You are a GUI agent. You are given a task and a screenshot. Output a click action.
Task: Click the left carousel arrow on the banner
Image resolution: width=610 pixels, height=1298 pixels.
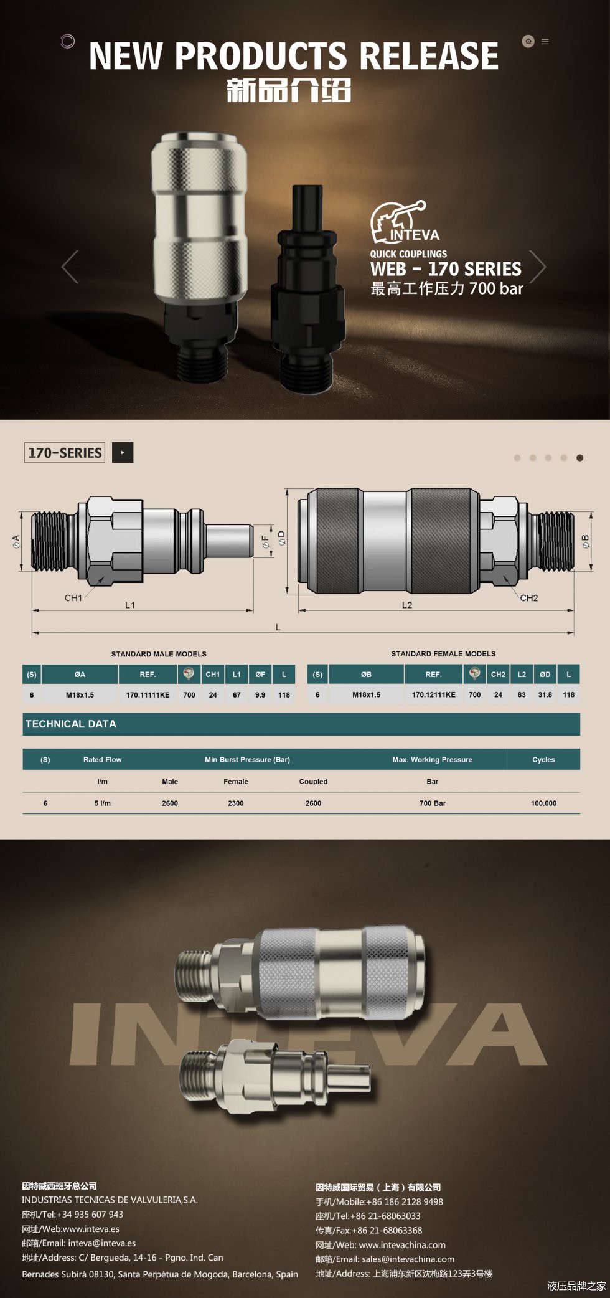(70, 267)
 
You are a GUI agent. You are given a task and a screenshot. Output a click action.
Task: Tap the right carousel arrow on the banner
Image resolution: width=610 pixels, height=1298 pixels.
(537, 267)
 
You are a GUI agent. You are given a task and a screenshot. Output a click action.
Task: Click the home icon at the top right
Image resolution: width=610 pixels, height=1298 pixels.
(528, 41)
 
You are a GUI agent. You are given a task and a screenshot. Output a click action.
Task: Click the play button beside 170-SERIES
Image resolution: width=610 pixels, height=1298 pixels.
(123, 453)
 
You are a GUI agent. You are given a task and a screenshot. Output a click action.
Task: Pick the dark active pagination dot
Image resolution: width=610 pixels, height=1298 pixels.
(579, 458)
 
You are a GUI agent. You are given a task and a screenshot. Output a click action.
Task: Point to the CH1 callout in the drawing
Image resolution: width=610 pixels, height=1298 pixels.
(73, 598)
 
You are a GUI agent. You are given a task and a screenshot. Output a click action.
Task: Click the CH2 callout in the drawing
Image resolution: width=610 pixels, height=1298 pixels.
(529, 598)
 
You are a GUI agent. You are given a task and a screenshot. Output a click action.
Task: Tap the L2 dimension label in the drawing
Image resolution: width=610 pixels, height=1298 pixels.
(407, 605)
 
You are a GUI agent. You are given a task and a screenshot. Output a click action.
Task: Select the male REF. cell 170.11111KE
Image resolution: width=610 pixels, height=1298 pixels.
(148, 694)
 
